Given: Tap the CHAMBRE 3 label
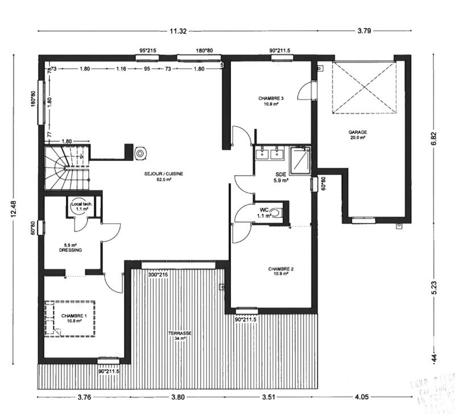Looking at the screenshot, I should pyautogui.click(x=271, y=98).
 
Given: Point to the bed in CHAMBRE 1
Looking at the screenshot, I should pyautogui.click(x=71, y=318).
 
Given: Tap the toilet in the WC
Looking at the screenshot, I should pyautogui.click(x=275, y=213).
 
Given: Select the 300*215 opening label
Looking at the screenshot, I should pyautogui.click(x=157, y=275).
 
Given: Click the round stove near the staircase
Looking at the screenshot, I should pyautogui.click(x=140, y=153).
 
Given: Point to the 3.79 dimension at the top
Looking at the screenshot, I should pyautogui.click(x=364, y=31).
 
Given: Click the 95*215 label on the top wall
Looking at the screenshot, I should pyautogui.click(x=148, y=51).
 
